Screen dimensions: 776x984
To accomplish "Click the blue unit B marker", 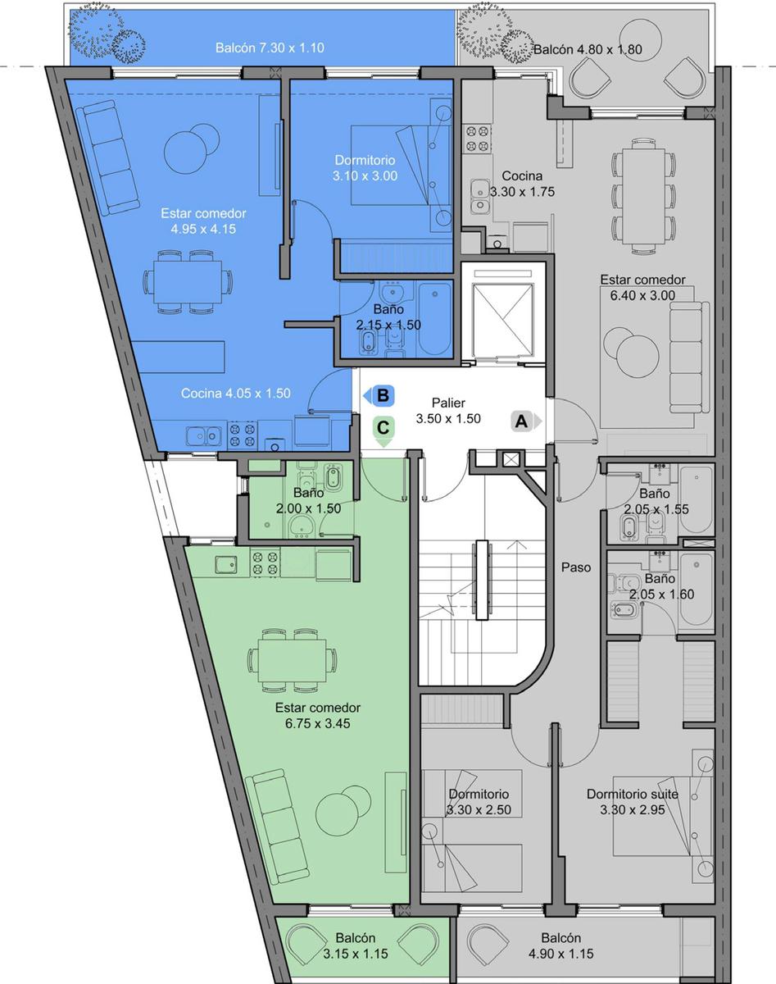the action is click(x=379, y=395).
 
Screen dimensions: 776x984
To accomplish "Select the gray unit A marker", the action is click(x=525, y=421).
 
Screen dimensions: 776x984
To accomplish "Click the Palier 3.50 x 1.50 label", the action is click(x=448, y=411).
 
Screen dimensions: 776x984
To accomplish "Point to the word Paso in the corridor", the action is click(x=576, y=567).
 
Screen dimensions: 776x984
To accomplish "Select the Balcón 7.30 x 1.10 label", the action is click(x=270, y=48).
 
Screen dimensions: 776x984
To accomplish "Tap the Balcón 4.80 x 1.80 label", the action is click(x=588, y=49).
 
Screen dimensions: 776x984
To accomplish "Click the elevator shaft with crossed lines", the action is click(x=503, y=319).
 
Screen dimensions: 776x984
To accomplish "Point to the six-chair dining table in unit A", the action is click(x=644, y=197).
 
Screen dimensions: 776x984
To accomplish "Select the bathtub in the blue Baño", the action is click(x=435, y=319).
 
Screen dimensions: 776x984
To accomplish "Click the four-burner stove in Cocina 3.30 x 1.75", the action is click(x=478, y=139).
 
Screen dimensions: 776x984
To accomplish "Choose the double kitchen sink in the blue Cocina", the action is click(x=204, y=435).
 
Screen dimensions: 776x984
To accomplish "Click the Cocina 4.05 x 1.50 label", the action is click(x=236, y=394).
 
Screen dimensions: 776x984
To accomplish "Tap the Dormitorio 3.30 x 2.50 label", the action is click(x=479, y=802).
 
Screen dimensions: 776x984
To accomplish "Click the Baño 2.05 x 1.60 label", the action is click(x=661, y=586).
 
